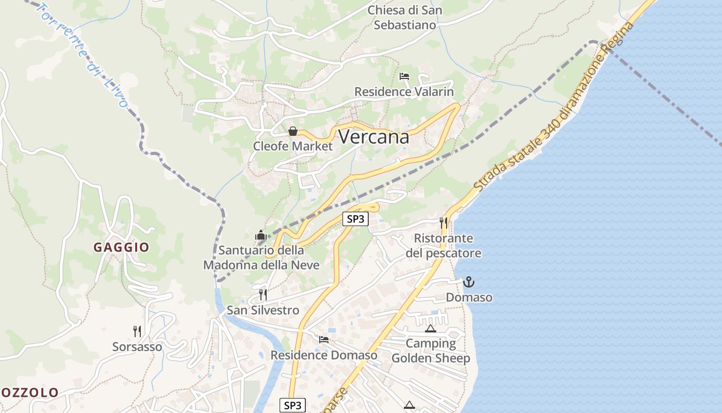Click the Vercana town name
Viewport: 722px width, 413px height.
click(374, 137)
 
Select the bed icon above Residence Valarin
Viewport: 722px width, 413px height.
click(404, 76)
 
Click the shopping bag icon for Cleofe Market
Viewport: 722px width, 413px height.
click(293, 131)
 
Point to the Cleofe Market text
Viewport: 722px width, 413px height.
click(293, 146)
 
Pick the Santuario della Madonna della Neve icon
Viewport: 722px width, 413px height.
click(261, 235)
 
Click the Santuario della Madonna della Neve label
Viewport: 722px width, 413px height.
click(261, 258)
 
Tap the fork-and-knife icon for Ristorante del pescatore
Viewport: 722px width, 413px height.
click(444, 223)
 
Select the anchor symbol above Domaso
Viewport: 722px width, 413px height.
click(469, 282)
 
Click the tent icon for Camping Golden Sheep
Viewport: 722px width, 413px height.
click(431, 328)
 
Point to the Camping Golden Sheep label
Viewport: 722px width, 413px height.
click(431, 351)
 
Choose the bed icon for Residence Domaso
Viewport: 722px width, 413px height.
click(324, 339)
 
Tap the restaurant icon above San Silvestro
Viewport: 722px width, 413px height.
click(263, 295)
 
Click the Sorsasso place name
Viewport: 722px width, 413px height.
click(137, 347)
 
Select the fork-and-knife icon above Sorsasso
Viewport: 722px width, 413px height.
click(137, 331)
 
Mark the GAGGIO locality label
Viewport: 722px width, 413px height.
click(121, 247)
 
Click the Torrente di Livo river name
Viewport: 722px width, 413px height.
click(85, 54)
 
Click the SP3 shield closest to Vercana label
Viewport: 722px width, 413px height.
click(356, 219)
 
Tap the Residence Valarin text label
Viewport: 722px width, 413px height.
click(404, 92)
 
